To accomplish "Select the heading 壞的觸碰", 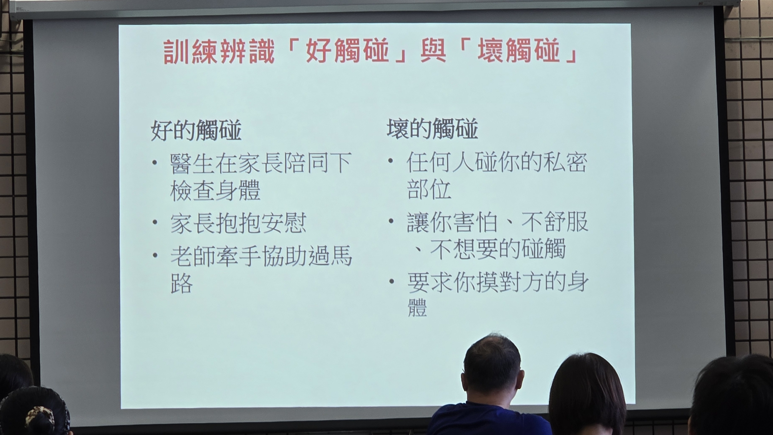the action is pos(432,128).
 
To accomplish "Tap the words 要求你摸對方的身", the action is pos(497,282).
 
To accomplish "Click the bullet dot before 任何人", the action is pos(391,161).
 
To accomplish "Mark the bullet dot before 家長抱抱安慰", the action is pos(155,222).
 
